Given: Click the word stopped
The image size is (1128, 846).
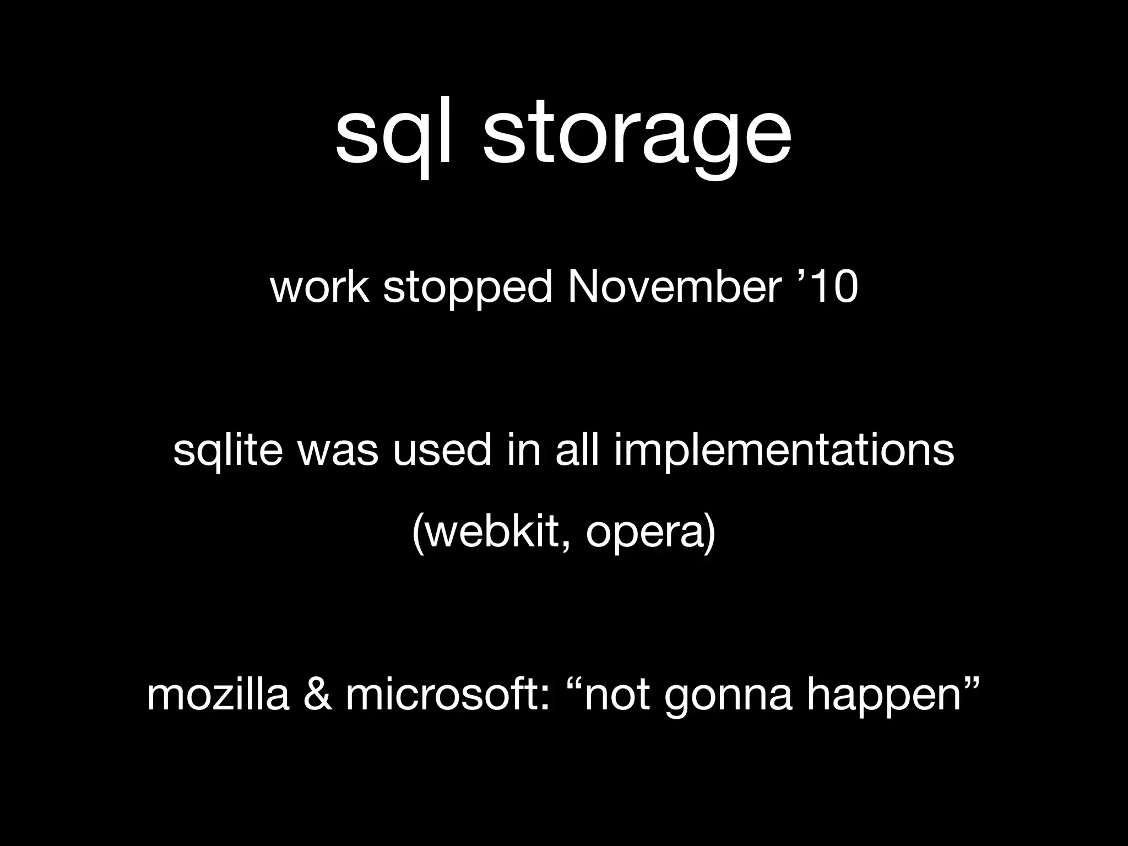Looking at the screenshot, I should click(468, 289).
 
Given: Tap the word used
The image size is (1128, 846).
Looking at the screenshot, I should click(441, 449).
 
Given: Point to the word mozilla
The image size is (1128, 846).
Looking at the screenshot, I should click(218, 695).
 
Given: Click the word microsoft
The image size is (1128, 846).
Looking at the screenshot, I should click(447, 695).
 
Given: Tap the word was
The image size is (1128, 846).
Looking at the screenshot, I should click(338, 451).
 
